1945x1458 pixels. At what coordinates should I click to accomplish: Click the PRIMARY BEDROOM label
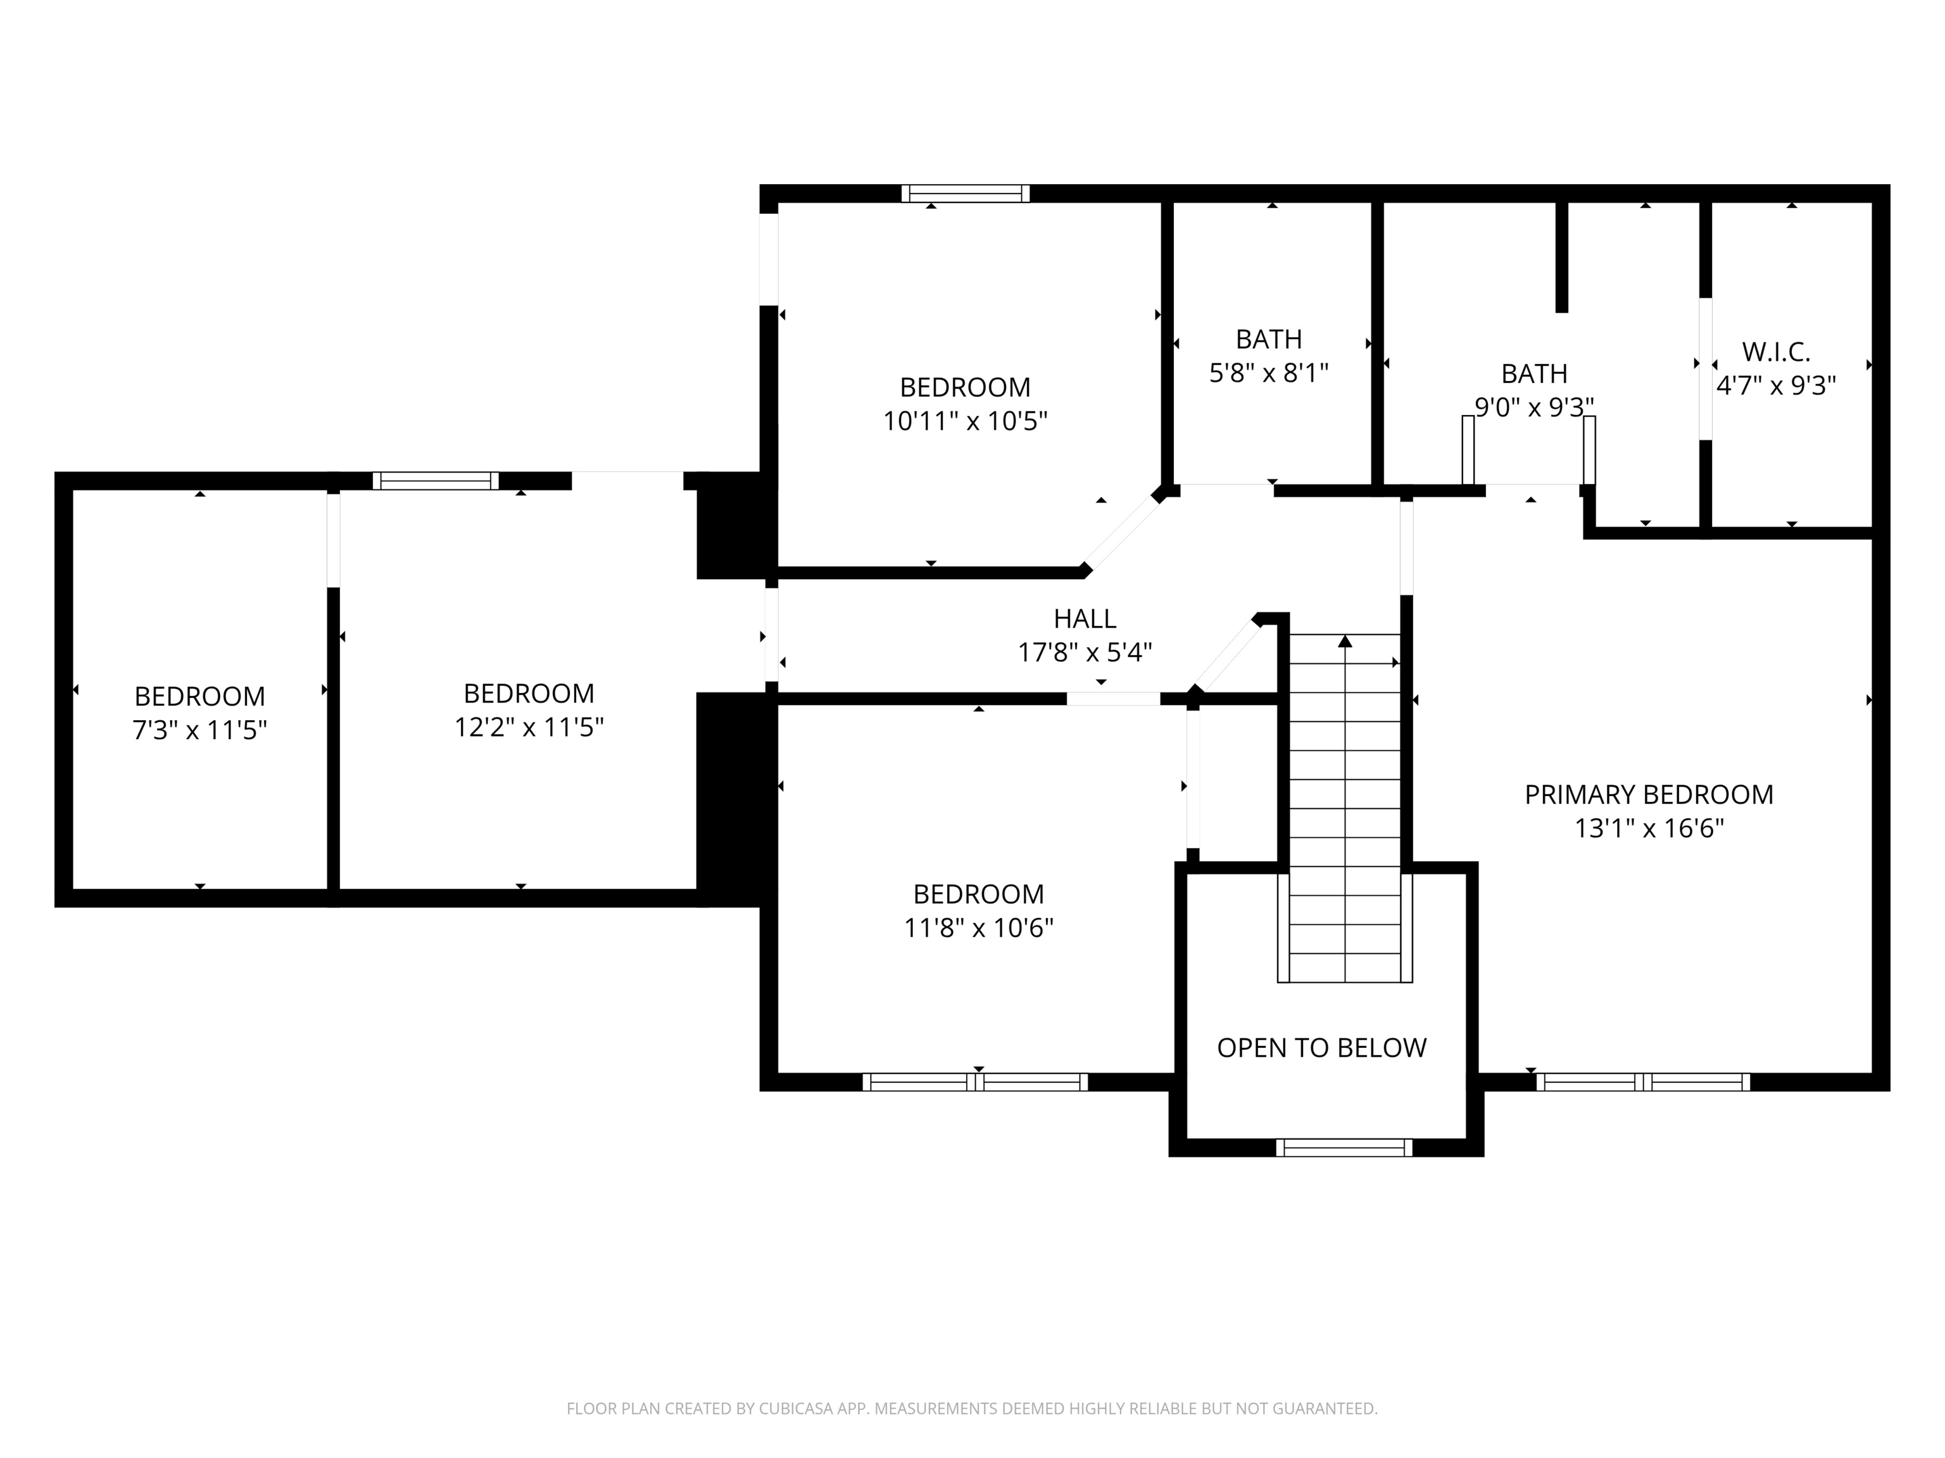coord(1648,794)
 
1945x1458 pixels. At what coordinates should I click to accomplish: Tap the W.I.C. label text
coord(1775,352)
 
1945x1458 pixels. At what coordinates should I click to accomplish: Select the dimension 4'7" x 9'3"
coord(1775,386)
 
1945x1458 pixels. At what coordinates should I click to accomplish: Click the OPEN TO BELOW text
coord(1321,1047)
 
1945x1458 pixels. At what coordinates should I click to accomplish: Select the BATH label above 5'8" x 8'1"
coord(1268,339)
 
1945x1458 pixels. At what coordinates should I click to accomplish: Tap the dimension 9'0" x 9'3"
coord(1533,407)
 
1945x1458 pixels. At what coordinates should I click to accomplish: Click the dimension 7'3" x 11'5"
coord(199,730)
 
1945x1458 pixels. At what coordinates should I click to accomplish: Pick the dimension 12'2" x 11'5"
coord(529,728)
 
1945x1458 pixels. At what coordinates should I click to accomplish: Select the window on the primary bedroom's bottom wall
coord(1642,1082)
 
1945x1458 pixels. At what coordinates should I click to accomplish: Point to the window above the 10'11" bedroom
coord(965,194)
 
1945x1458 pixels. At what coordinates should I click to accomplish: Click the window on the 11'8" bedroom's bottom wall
coord(975,1082)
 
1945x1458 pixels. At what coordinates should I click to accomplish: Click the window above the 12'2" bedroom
coord(435,481)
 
